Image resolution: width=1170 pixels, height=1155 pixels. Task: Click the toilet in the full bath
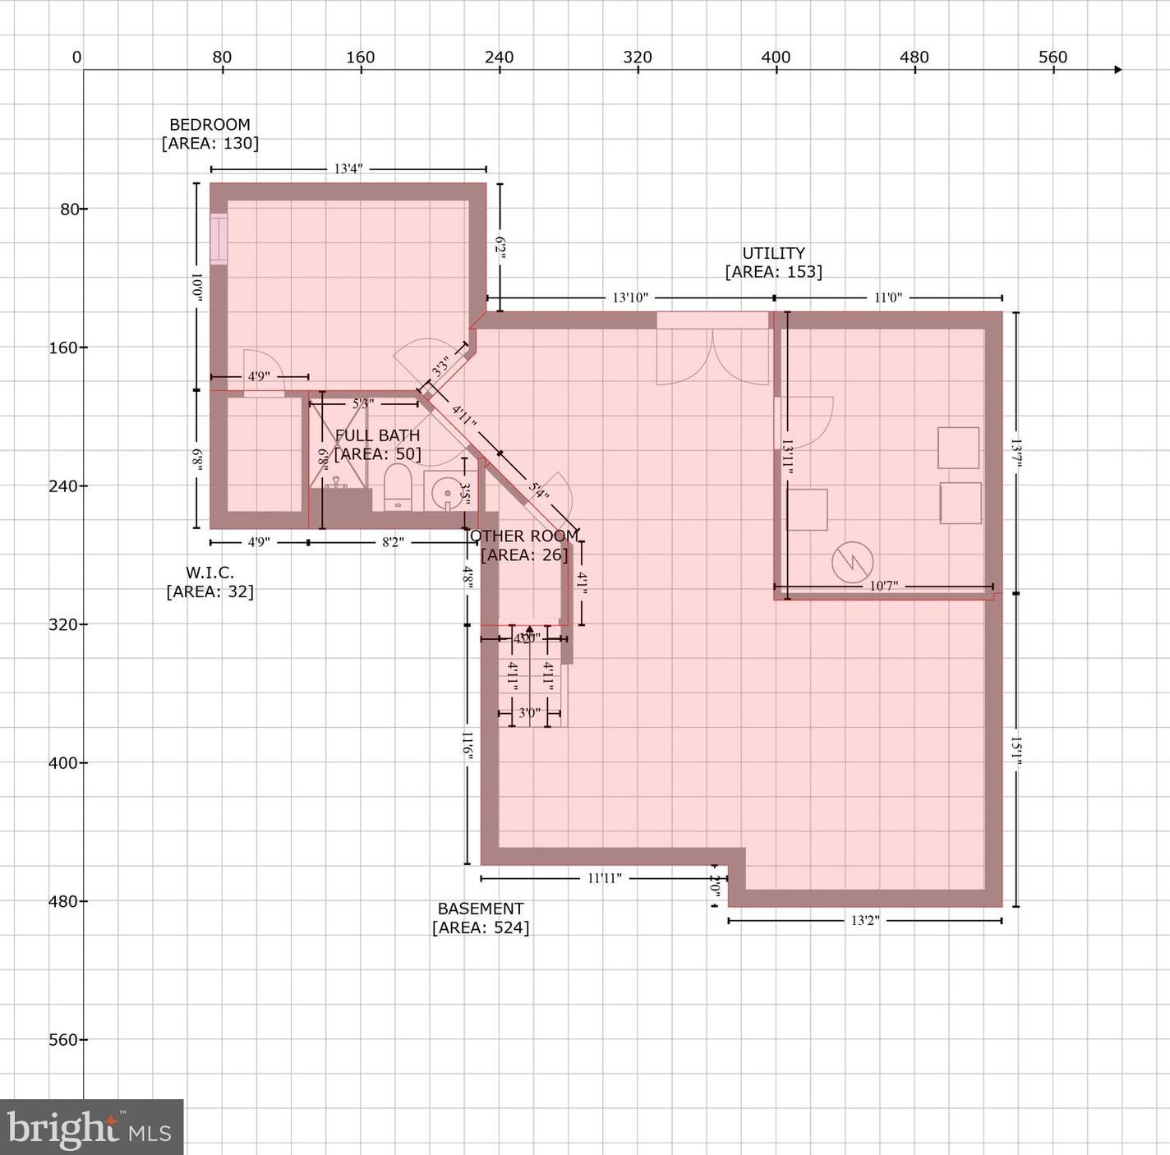coord(398,488)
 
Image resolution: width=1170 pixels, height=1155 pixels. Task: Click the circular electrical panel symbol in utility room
coord(852,563)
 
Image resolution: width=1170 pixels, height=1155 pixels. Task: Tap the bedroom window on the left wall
coord(219,239)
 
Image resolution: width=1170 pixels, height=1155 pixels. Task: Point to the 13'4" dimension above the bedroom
coord(348,169)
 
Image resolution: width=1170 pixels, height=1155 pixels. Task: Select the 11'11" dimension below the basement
coord(604,878)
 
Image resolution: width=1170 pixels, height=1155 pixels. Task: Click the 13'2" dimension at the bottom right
coord(864,921)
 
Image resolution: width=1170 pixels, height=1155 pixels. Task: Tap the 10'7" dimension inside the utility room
coord(883,586)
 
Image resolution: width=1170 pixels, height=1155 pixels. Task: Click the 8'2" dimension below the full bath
coord(393,542)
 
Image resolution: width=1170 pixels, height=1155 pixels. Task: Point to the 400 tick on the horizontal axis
coord(776,58)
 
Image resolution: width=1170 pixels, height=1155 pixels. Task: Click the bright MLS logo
coord(90,1128)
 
